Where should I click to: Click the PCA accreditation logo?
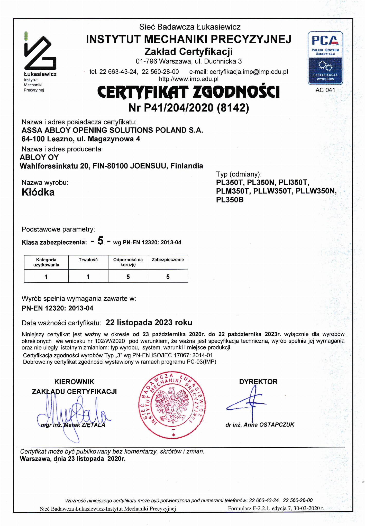325,58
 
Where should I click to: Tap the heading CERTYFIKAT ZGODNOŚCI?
188,92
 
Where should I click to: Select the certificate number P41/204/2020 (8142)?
189,108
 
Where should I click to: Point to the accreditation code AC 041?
325,90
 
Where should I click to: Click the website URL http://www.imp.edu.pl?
189,79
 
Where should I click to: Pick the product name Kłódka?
38,192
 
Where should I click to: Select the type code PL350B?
230,200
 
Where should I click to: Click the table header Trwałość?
88,260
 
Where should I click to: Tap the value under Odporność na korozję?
128,277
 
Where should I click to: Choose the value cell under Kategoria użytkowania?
46,277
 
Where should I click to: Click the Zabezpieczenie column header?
168,260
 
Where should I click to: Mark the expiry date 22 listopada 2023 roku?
149,322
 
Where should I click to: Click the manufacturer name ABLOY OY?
39,157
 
